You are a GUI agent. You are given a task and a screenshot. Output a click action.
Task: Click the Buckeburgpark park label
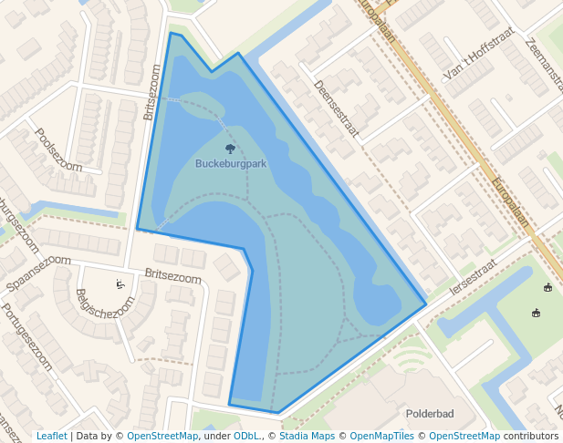point(231,164)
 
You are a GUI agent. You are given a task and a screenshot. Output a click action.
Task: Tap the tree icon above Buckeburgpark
point(230,148)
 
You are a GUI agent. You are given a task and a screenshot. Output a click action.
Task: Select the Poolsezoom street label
point(58,149)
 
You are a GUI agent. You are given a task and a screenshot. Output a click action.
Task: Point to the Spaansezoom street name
point(37,273)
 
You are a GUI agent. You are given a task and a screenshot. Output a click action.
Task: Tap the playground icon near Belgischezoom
point(120,284)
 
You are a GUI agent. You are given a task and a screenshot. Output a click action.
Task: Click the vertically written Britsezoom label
point(151,92)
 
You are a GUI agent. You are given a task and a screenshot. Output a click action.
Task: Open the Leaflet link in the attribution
point(51,436)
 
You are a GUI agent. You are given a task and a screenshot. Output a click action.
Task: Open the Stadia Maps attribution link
point(307,436)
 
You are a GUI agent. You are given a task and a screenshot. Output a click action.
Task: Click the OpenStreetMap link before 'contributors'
point(464,436)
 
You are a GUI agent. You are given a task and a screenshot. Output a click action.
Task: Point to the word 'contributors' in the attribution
point(530,436)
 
